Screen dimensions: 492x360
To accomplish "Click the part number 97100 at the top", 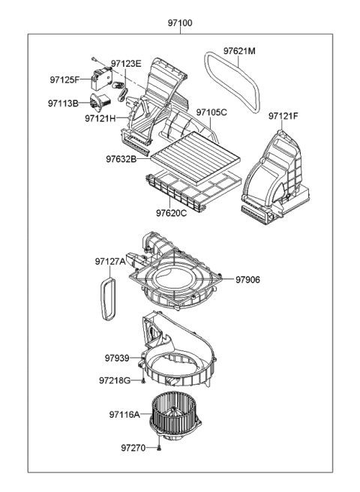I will point(180,23).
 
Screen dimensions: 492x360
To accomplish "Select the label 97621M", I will point(239,51).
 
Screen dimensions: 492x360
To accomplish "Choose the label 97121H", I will point(100,118).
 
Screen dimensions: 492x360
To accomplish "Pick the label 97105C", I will point(211,112).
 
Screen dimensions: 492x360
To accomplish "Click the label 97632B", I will point(121,159).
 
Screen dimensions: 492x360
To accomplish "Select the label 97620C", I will point(172,213).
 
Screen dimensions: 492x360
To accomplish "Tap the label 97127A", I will point(110,261).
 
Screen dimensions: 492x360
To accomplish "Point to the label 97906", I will point(247,279).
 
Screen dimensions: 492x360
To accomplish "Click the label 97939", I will point(118,358).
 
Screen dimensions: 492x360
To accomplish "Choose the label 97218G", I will point(114,380).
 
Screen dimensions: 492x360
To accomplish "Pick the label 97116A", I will point(124,414).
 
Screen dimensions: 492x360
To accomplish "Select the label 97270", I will point(133,448).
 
